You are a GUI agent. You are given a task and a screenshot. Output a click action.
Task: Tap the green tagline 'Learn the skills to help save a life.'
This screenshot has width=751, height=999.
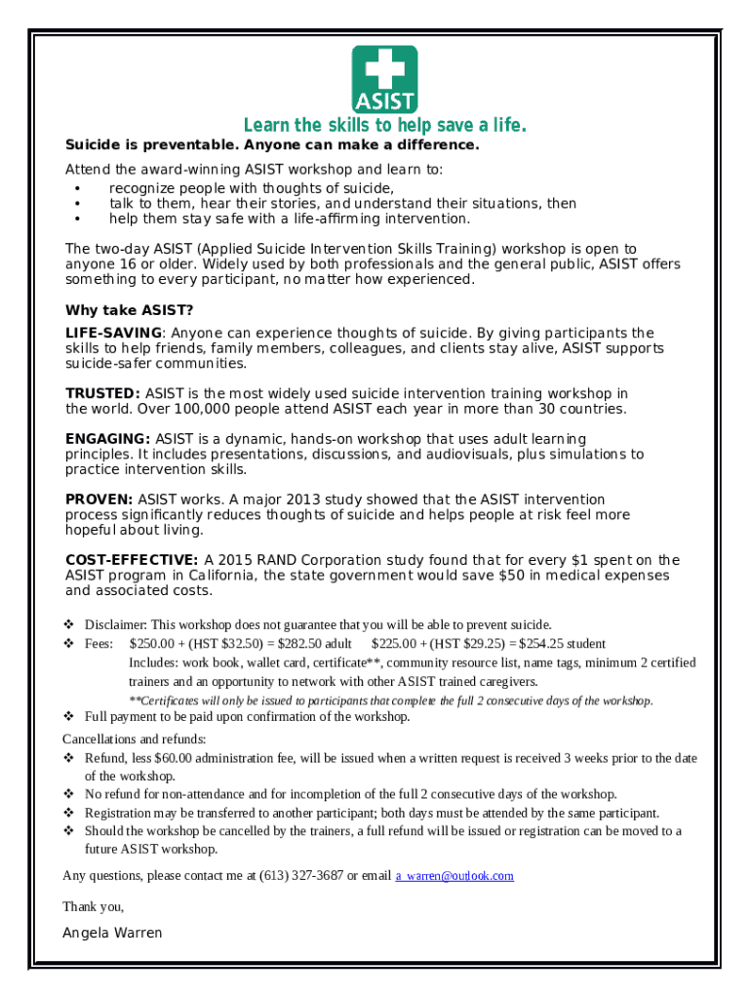384,126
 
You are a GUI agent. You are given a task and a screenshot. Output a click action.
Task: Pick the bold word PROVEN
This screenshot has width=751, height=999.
99,499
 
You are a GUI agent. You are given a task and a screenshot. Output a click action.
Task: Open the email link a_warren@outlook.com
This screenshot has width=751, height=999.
455,876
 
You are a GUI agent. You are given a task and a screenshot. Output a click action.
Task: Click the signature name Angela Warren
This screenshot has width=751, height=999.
112,933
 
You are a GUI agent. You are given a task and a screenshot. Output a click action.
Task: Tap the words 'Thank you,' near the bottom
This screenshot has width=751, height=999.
93,906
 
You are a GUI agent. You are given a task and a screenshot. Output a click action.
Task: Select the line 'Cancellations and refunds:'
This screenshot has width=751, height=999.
134,739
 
